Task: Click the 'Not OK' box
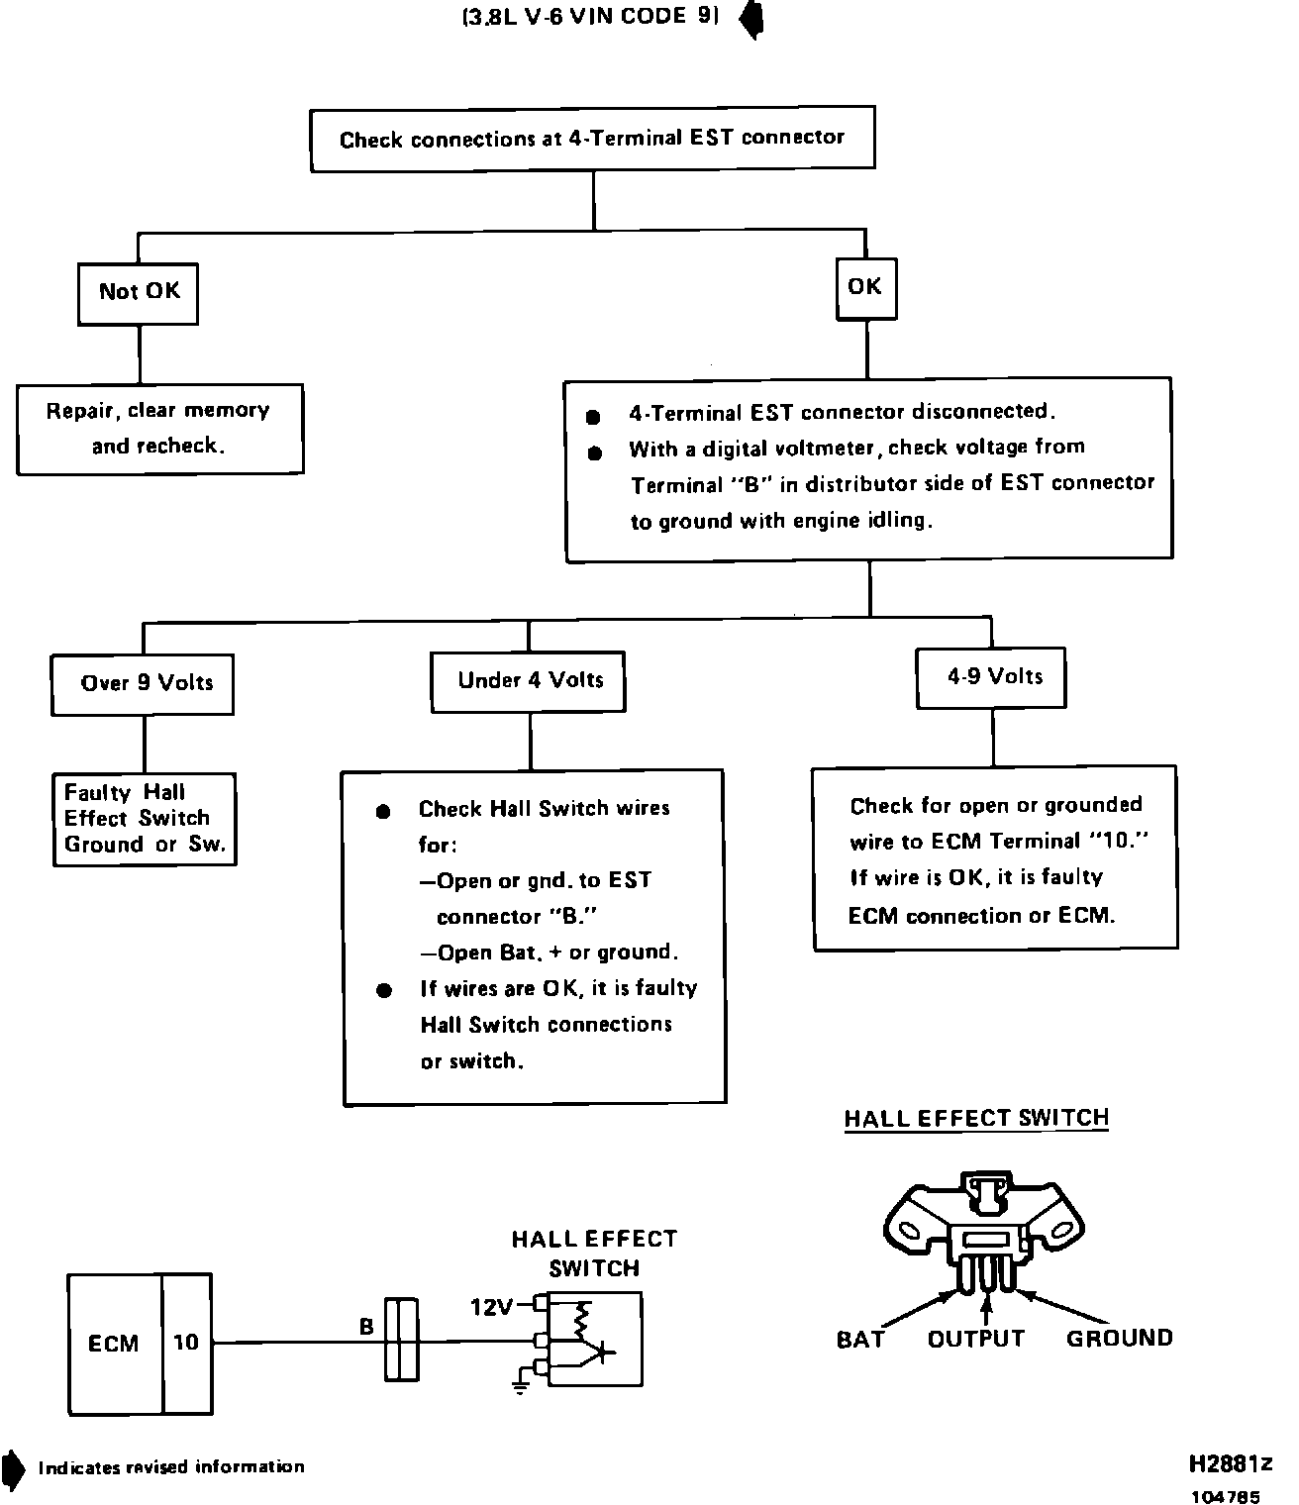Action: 139,292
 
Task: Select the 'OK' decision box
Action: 865,288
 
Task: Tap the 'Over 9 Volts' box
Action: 144,683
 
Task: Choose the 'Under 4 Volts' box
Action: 529,680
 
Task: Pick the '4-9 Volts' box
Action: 992,677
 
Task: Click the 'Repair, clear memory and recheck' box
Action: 159,429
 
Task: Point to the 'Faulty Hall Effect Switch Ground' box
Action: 145,819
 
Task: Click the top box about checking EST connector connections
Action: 592,139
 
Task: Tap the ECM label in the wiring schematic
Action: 114,1344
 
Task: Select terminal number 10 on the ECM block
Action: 186,1344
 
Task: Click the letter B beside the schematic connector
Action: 366,1327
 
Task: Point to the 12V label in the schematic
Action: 491,1308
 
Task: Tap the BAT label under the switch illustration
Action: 860,1340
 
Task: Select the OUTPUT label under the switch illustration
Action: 975,1340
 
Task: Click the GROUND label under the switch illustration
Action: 1119,1340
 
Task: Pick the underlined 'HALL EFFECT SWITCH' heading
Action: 976,1119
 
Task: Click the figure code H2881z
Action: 1231,1464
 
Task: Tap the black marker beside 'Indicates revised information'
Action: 13,1467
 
